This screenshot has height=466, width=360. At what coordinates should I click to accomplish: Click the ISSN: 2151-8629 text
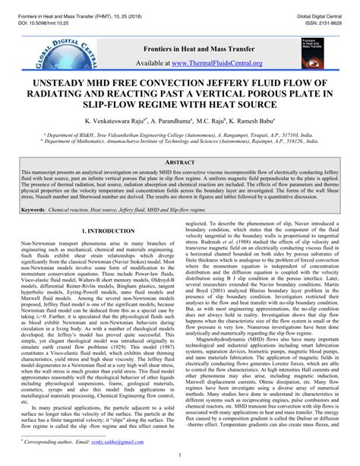click(x=329, y=13)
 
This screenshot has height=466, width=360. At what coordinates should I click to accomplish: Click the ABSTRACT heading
click(x=180, y=163)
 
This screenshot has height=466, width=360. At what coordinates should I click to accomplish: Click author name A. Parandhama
click(x=172, y=121)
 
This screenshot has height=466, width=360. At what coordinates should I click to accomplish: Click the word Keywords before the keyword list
click(x=33, y=208)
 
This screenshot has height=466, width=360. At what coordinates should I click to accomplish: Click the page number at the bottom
click(x=180, y=458)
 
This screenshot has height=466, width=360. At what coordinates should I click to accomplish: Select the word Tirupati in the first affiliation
click(x=254, y=132)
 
